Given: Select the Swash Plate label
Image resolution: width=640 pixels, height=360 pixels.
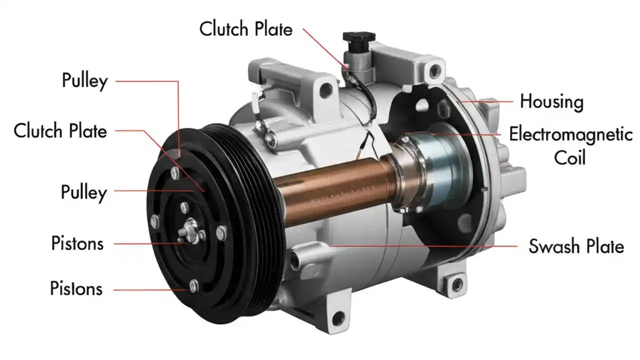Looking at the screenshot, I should click(x=576, y=246).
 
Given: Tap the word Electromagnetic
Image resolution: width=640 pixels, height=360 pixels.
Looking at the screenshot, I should click(x=570, y=134).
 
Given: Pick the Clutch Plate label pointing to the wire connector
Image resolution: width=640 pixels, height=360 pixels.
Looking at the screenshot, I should click(x=245, y=28).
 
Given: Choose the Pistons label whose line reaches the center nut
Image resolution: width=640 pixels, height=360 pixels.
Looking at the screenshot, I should click(x=77, y=243).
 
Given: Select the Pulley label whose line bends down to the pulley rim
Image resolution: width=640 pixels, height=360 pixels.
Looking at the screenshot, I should click(x=84, y=80).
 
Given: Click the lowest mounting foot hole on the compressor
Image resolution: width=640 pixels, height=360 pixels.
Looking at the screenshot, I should click(x=339, y=316).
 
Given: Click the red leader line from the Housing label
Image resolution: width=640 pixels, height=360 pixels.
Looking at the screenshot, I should click(x=487, y=101).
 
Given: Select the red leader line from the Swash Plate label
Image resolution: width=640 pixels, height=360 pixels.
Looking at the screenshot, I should click(x=425, y=246).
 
